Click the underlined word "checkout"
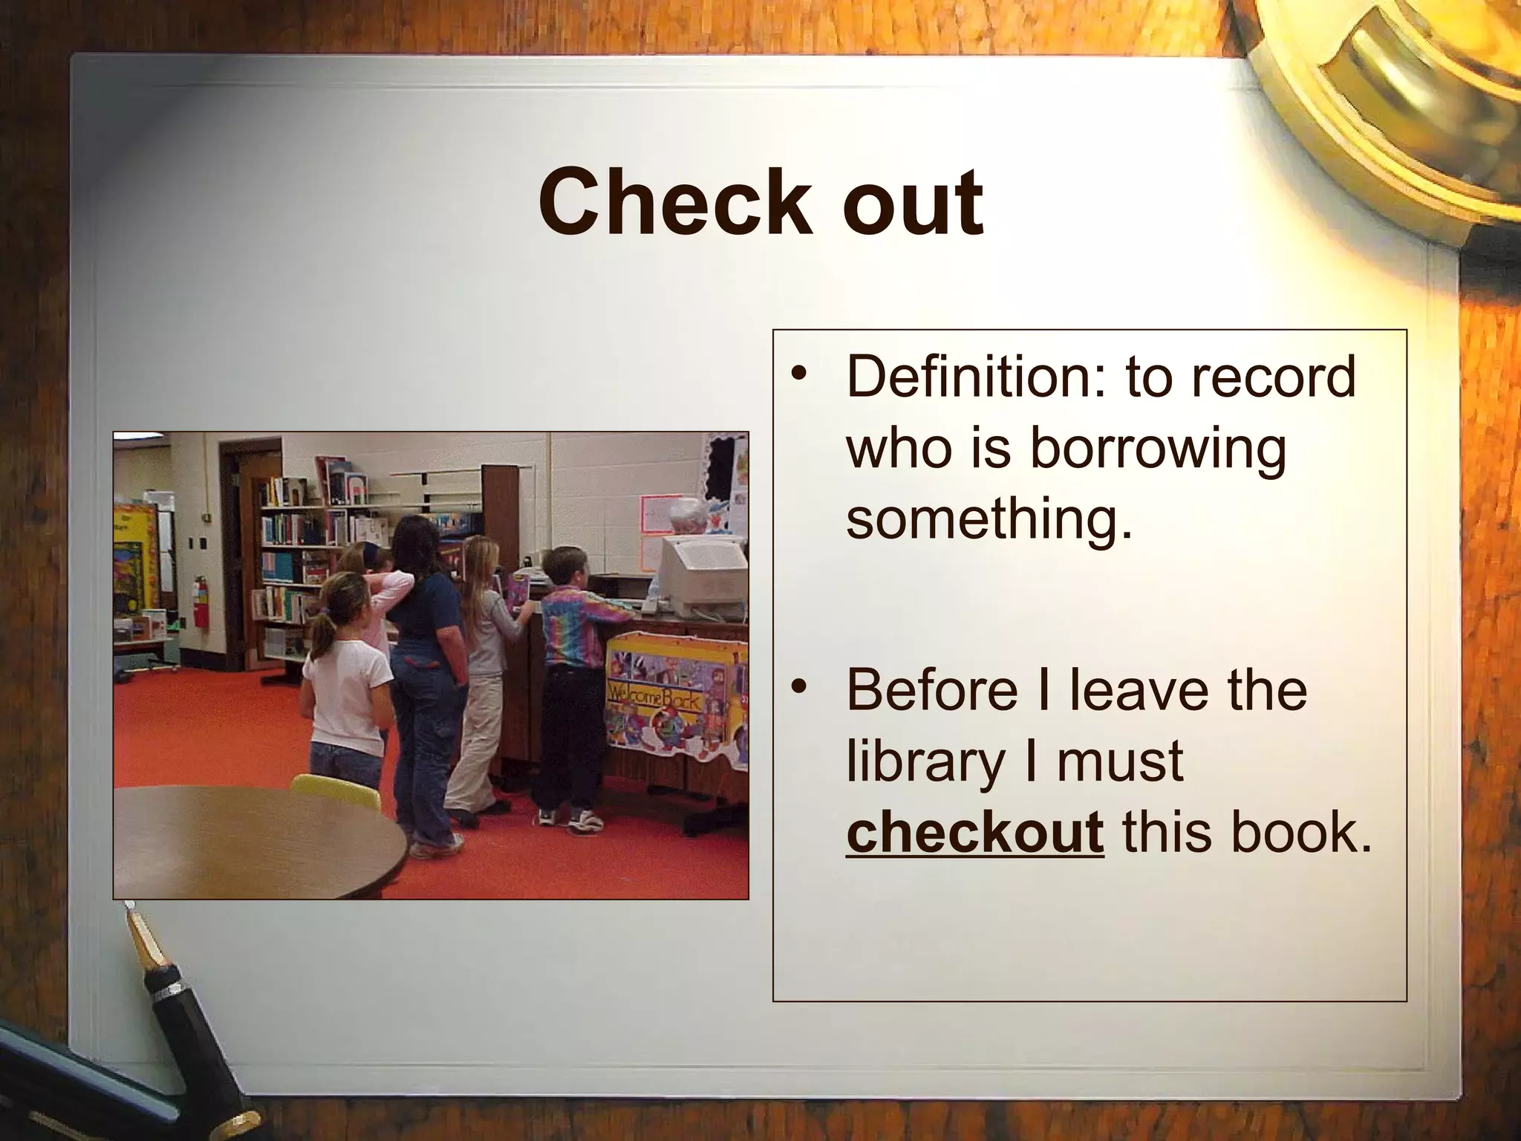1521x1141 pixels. [974, 832]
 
